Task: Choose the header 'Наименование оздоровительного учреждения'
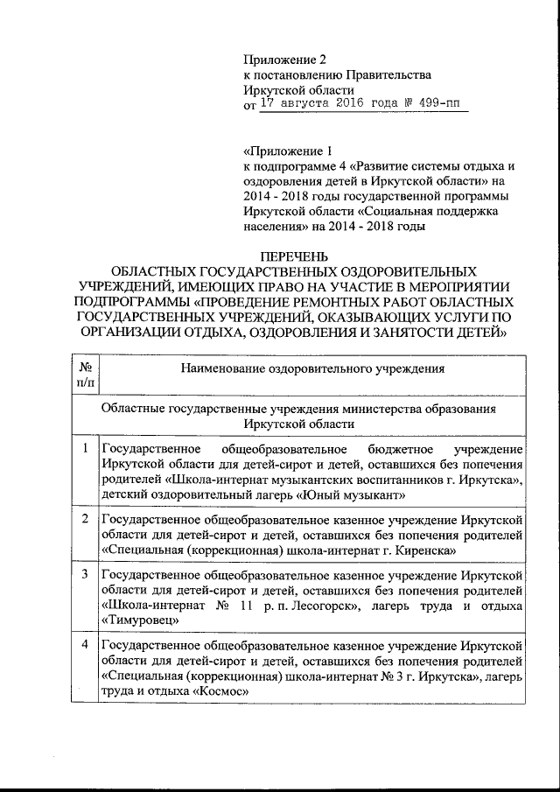[312, 368]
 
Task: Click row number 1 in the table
[86, 449]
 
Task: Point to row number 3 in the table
[86, 575]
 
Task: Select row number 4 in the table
[86, 645]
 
